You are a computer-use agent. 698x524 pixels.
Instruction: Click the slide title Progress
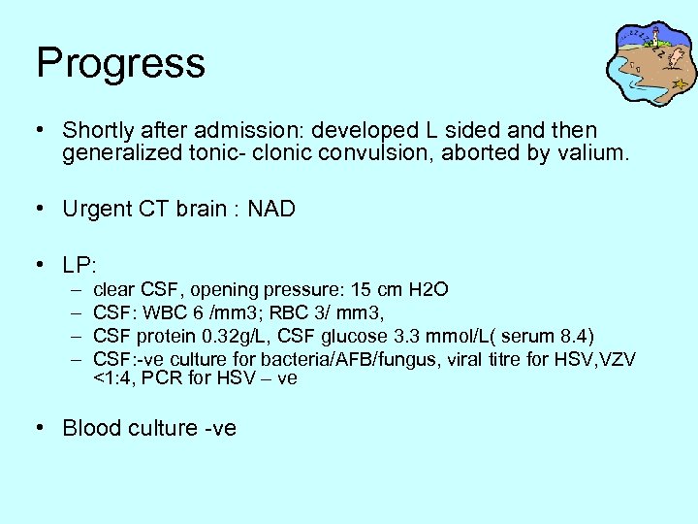120,63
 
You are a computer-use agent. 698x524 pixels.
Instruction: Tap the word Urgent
95,209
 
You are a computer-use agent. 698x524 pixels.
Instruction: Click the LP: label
82,264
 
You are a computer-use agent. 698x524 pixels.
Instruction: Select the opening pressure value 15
364,290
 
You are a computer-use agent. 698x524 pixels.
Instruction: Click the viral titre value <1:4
111,378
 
